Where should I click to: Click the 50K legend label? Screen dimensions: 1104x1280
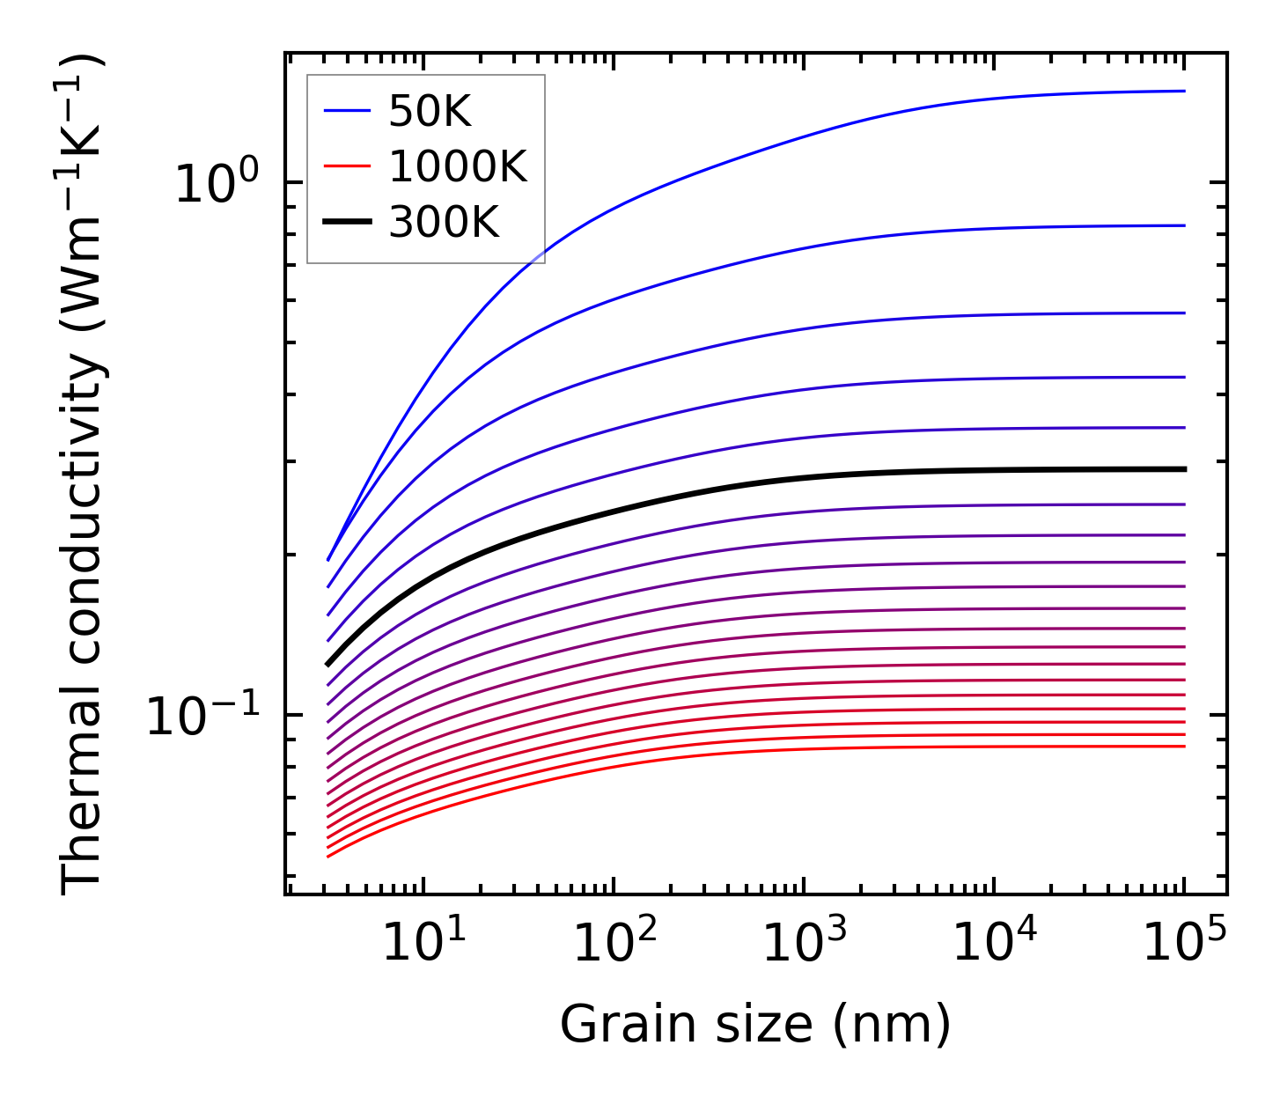(430, 112)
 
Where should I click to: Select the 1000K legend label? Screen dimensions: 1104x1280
(458, 167)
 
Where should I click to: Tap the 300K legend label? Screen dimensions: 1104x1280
(444, 224)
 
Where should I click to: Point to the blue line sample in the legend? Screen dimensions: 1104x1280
(347, 111)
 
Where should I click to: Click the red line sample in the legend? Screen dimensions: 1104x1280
(347, 167)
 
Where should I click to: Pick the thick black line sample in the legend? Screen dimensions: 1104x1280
(347, 224)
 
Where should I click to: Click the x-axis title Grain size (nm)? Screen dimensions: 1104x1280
(755, 1026)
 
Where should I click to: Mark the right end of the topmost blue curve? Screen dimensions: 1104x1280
(1184, 91)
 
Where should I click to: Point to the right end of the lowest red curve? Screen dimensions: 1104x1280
(1184, 747)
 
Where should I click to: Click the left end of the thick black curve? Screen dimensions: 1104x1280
(328, 664)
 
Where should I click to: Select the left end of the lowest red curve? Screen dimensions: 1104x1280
(328, 856)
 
